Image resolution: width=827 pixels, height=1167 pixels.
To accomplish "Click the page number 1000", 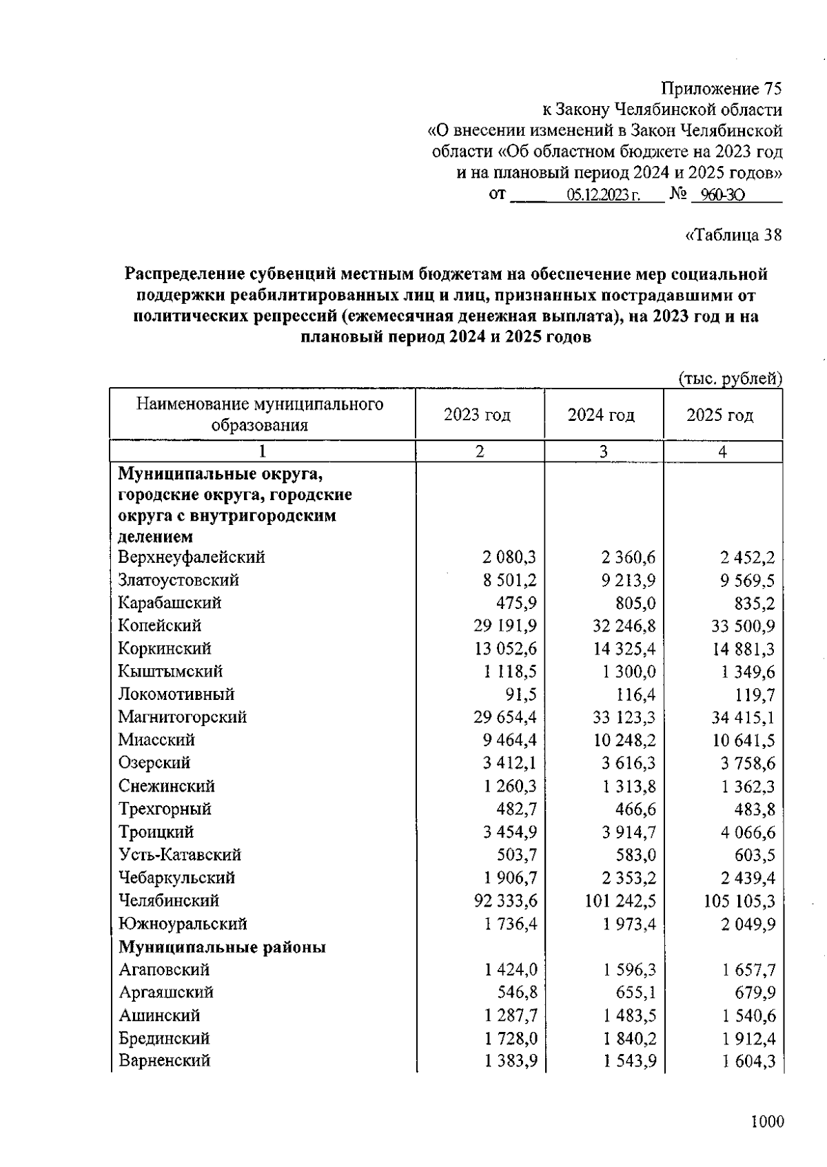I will coord(767,1122).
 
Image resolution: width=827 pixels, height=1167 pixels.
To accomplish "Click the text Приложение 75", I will coord(722,89).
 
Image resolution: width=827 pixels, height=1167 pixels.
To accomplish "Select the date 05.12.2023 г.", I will coord(604,196).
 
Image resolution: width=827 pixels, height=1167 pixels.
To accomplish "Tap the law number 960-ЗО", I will coord(718,196).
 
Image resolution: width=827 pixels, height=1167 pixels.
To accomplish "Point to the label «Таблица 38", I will coord(733,236).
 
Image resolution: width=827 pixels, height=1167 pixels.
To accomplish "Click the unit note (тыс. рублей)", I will coord(731,378).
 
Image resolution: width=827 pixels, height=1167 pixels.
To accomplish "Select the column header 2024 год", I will coord(601,415).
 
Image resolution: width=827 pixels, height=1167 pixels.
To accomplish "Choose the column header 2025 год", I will coord(720,415).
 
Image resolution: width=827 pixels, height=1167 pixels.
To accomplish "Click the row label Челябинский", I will coord(168,900).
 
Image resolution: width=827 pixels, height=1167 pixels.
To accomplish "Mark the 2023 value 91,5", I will coord(521,694).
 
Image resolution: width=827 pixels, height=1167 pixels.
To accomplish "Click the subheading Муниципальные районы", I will coord(222,947).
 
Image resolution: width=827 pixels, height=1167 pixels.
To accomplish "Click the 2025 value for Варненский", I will coord(748,1062).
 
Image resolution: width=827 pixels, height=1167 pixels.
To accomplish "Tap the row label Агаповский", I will coord(163,970).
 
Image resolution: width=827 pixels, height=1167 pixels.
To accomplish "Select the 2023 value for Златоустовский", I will coord(509,580).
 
